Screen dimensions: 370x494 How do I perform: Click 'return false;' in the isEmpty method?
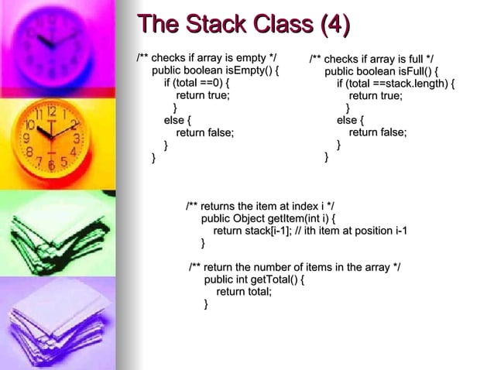tap(205, 132)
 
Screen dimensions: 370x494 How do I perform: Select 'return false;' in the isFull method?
tap(378, 132)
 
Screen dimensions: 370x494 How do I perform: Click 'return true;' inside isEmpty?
tap(203, 96)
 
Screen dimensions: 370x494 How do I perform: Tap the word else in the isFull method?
tap(347, 120)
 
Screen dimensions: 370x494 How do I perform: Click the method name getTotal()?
tap(268, 279)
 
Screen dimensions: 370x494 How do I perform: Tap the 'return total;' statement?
tap(244, 292)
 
